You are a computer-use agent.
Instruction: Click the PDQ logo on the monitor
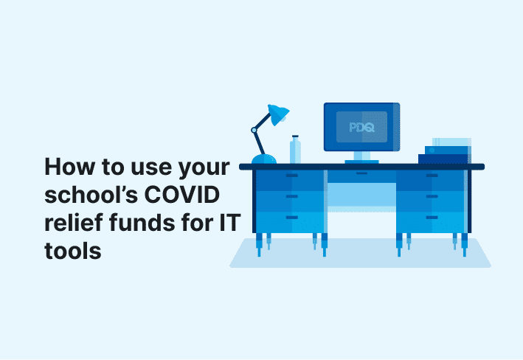[x=361, y=127]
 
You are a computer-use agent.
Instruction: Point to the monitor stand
[x=361, y=156]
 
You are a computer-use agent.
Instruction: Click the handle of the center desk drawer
[x=361, y=175]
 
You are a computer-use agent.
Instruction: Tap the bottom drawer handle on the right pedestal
[x=432, y=218]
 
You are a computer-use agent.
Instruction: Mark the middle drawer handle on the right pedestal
[x=432, y=198]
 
